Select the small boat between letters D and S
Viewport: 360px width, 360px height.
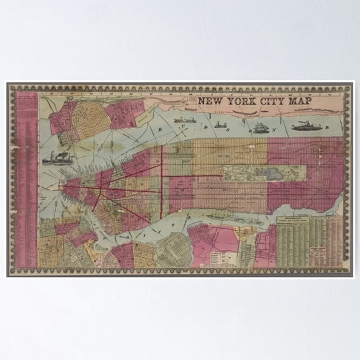tap(220, 125)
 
